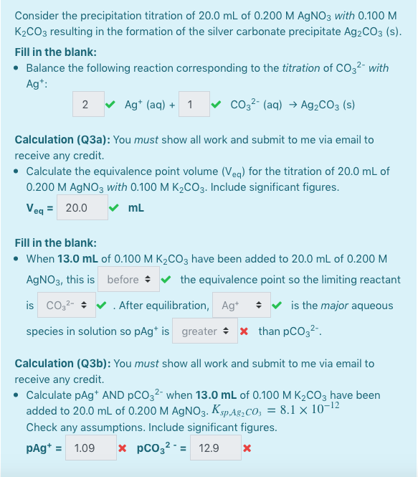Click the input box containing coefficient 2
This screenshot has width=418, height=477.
pos(87,105)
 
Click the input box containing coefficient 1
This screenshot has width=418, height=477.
pos(191,105)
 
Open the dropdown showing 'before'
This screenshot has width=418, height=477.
pos(128,280)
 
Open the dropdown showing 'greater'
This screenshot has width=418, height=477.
pos(204,331)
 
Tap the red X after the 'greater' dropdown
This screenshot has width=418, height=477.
pos(244,331)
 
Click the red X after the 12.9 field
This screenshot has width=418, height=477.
pos(247,449)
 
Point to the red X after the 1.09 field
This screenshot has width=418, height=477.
pos(123,449)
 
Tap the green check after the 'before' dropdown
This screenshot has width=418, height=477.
pos(166,280)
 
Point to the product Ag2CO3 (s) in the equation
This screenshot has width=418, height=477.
pos(325,105)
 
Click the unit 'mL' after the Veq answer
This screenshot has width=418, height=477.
pos(136,208)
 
